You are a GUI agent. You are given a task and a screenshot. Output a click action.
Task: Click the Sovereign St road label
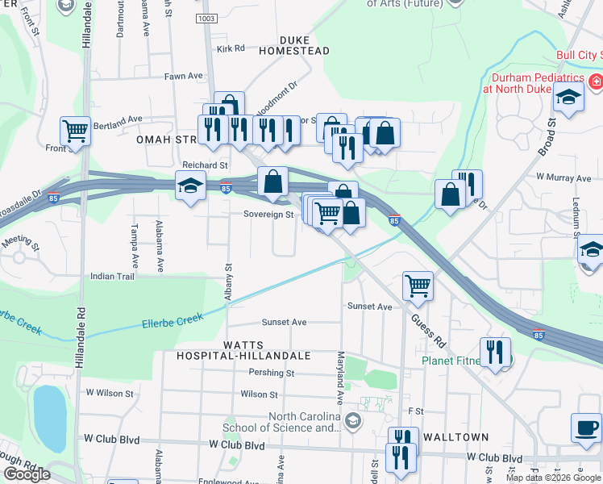268,215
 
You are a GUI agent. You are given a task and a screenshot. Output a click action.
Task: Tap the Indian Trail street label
113,276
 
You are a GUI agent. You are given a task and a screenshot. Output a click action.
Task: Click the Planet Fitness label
451,361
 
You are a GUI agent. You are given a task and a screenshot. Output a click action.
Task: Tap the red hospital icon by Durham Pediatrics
595,82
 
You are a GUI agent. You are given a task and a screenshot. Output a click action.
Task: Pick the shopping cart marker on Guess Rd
418,284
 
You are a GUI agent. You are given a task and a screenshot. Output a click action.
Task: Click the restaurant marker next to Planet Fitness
495,353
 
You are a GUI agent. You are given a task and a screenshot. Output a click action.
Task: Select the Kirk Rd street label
231,48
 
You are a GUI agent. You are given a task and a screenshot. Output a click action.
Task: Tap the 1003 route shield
206,17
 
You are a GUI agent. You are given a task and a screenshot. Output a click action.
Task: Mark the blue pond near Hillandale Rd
49,418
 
